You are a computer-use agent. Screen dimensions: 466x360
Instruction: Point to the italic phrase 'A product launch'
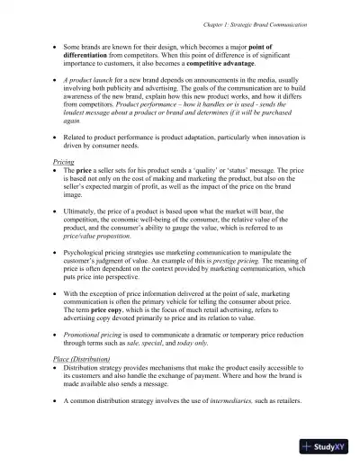click(93, 81)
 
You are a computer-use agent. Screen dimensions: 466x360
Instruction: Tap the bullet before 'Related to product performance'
click(57, 134)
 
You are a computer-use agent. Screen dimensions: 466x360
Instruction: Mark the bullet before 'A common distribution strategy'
click(57, 426)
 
